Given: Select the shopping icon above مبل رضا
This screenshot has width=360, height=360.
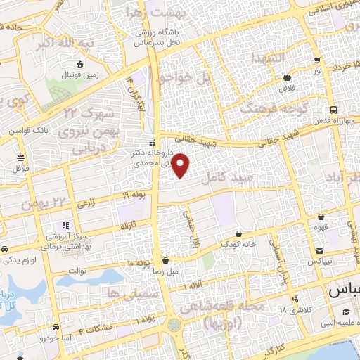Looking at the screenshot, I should pos(165,259).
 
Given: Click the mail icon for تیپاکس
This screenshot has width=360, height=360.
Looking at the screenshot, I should pos(319,250).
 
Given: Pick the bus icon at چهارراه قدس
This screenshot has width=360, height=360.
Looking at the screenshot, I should pos(333,110).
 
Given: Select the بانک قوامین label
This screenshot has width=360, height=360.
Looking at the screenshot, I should pos(27,130).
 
